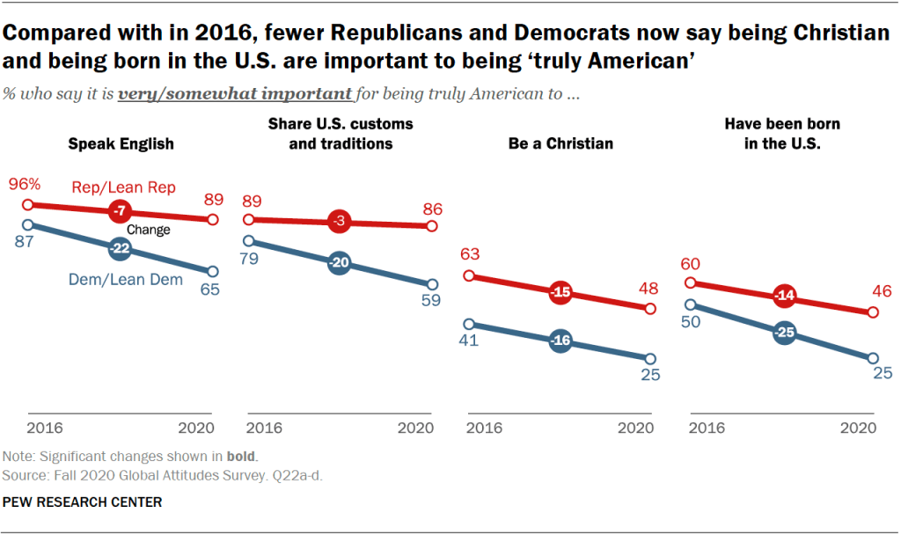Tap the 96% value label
pos(25,185)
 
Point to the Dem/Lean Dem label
pos(125,280)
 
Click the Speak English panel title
pos(121,143)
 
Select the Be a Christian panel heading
pos(560,143)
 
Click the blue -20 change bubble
pos(340,262)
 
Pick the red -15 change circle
pos(560,292)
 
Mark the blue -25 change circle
pos(782,332)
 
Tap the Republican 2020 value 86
pos(432,209)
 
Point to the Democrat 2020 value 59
pos(432,300)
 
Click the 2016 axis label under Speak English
pos(42,429)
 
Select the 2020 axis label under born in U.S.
pos(859,429)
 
